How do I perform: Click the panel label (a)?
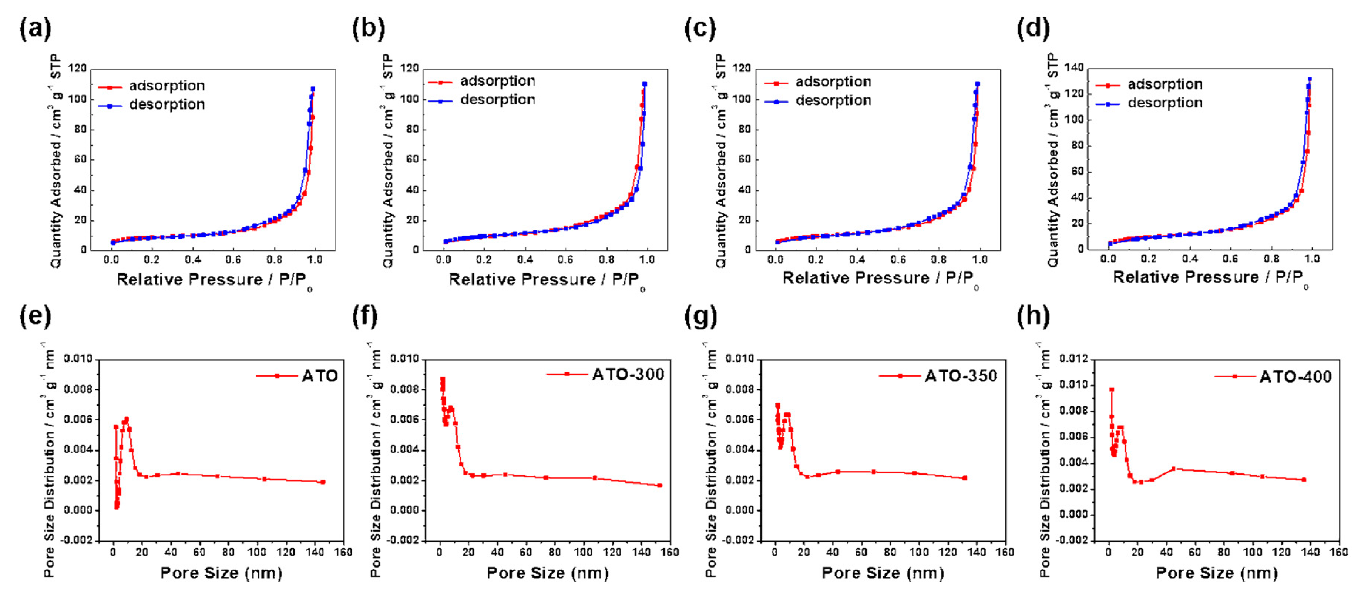(x=35, y=28)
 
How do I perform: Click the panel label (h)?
(x=1033, y=316)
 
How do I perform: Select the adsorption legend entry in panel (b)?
(x=497, y=81)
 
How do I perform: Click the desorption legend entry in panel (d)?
(x=1164, y=103)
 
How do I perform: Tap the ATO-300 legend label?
(x=628, y=375)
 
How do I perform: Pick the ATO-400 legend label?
(x=1295, y=377)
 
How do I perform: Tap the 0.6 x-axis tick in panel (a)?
(x=233, y=259)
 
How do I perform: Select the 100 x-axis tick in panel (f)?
(x=583, y=552)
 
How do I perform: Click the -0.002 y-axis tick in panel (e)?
(x=78, y=540)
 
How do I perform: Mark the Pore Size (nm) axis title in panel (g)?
(x=883, y=573)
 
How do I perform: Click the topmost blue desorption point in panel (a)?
(x=313, y=89)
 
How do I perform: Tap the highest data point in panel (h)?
(x=1112, y=390)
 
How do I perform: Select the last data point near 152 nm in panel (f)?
(x=659, y=485)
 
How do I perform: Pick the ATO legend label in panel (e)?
(x=320, y=376)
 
